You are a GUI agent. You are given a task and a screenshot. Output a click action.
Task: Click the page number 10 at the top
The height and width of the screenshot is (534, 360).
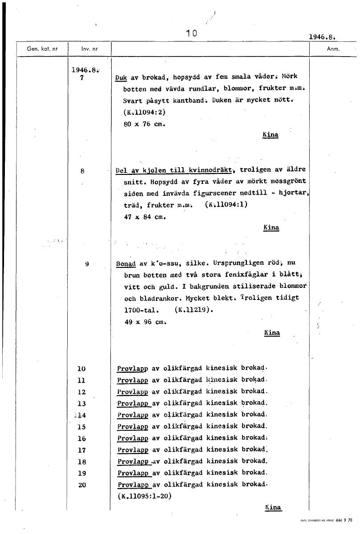(x=192, y=33)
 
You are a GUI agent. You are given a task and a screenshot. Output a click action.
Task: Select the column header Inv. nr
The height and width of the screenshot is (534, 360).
(x=86, y=49)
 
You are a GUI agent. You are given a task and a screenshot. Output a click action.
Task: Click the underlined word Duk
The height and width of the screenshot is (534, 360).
(x=121, y=77)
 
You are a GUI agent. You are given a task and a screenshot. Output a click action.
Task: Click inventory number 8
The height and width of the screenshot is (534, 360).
(x=82, y=170)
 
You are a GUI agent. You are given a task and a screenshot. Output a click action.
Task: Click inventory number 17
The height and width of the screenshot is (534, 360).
(x=82, y=450)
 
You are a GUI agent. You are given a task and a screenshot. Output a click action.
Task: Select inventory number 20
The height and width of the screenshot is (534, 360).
(x=82, y=485)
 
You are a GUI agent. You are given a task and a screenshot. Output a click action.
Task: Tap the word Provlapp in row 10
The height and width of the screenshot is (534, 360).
(x=133, y=368)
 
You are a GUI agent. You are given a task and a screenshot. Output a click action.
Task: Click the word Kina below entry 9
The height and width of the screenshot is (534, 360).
(x=271, y=333)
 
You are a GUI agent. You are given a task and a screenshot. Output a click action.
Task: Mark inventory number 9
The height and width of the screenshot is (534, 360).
(x=87, y=264)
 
